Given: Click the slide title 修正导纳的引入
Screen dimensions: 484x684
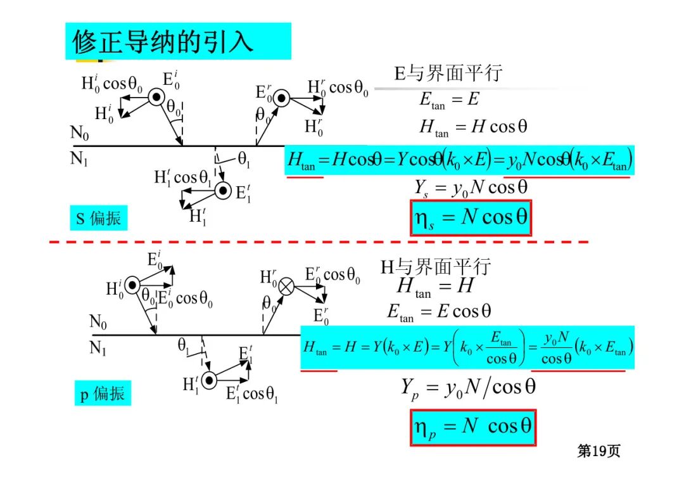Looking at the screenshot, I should pyautogui.click(x=163, y=42).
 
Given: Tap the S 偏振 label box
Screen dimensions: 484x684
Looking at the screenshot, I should pyautogui.click(x=98, y=219).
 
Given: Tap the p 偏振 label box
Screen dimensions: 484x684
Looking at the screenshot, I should pyautogui.click(x=102, y=394).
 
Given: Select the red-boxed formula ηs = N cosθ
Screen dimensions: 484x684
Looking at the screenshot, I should pyautogui.click(x=471, y=218).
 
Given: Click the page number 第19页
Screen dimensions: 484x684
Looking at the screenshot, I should pyautogui.click(x=598, y=451).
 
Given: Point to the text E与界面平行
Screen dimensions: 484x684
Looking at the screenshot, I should pyautogui.click(x=448, y=73).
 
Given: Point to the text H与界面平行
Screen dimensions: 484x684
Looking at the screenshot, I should pyautogui.click(x=435, y=267).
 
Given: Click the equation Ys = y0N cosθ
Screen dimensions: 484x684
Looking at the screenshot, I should pyautogui.click(x=471, y=187).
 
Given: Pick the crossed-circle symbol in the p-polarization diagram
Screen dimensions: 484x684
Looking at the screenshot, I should pyautogui.click(x=286, y=286).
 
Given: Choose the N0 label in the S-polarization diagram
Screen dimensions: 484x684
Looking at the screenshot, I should pyautogui.click(x=80, y=134).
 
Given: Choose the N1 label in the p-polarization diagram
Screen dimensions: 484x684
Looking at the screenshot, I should pyautogui.click(x=98, y=348).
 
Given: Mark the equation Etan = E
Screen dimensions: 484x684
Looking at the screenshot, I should pyautogui.click(x=449, y=100).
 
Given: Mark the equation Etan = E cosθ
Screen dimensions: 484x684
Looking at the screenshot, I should pyautogui.click(x=439, y=312).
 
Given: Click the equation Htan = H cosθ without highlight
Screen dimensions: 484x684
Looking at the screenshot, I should pyautogui.click(x=472, y=127).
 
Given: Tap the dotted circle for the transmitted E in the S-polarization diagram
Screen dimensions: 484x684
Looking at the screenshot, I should pyautogui.click(x=222, y=190).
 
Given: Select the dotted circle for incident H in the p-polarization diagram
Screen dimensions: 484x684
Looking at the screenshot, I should pyautogui.click(x=132, y=286).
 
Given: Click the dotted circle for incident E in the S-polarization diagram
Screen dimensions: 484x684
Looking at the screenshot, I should pyautogui.click(x=156, y=97).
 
